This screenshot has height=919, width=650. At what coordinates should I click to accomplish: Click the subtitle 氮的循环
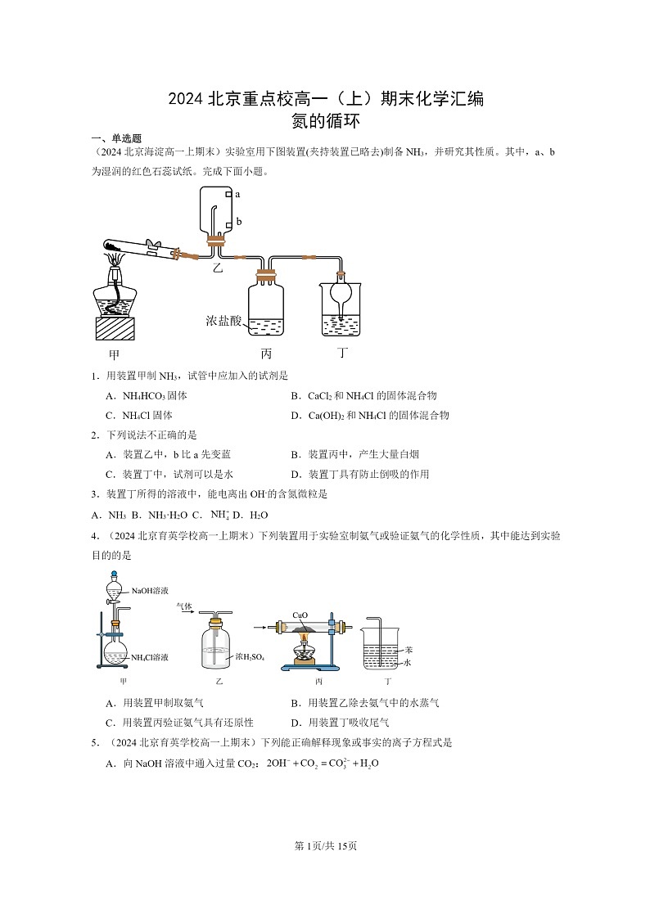click(x=325, y=121)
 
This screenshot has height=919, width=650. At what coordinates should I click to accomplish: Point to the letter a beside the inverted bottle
click(x=237, y=195)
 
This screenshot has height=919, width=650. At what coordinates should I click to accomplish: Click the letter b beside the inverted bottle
click(x=238, y=222)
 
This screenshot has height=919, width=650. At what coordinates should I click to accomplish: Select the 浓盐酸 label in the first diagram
click(x=223, y=321)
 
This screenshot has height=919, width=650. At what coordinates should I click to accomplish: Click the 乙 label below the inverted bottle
click(x=217, y=267)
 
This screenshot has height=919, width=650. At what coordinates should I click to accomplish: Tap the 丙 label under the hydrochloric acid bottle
click(x=266, y=354)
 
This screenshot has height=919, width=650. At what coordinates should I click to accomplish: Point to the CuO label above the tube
click(x=300, y=614)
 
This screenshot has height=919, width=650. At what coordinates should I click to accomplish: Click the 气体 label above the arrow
click(x=184, y=606)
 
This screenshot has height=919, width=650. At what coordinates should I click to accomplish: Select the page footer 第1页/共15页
click(x=325, y=845)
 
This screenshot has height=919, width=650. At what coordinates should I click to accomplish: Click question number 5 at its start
click(x=96, y=743)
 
